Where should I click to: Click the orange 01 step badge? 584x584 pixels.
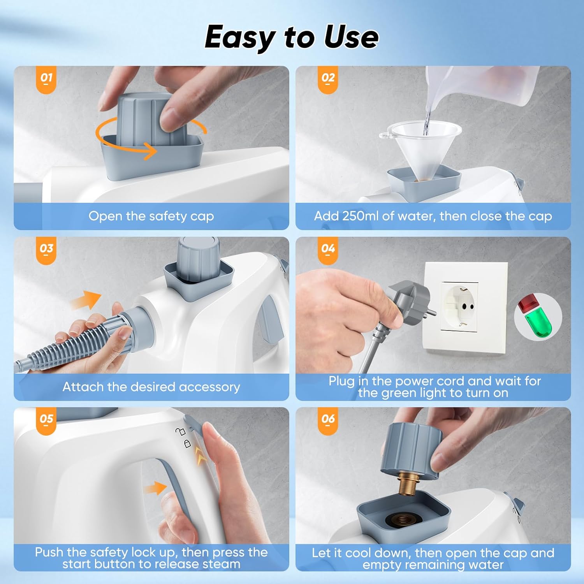pos(46,80)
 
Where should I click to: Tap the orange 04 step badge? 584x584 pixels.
pos(328,251)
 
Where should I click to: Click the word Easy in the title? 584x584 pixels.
pos(240,37)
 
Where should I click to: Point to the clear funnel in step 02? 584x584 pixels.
pos(420,150)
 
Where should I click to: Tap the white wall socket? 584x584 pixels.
pos(465,308)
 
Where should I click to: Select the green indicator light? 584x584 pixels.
pos(539,321)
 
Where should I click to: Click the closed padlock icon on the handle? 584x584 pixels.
pos(187,443)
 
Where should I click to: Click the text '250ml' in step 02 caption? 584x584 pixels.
pos(360,216)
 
